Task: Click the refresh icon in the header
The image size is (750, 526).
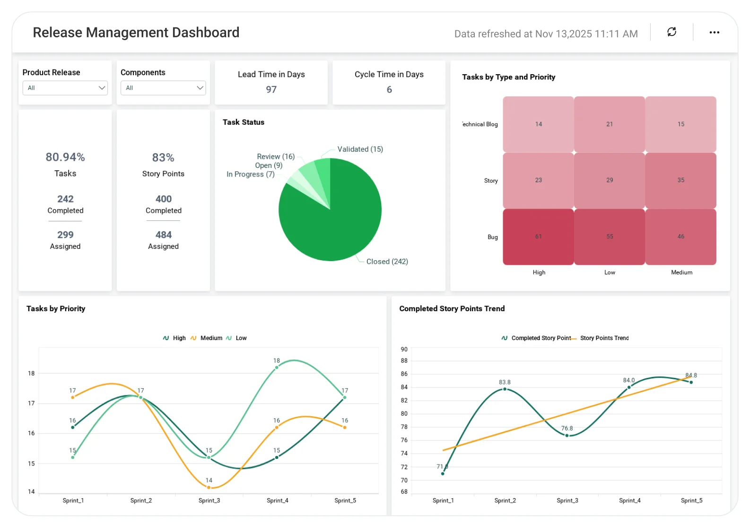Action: (672, 32)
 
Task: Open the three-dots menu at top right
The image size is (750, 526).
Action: (714, 32)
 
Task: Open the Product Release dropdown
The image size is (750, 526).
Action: (65, 88)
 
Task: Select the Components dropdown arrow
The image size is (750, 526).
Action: (200, 88)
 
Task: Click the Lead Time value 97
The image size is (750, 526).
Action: (271, 89)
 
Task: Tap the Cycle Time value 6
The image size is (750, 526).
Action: (389, 89)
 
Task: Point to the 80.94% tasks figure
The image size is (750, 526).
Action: (65, 157)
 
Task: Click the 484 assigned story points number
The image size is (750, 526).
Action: (163, 235)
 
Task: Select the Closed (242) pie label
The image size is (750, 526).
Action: (387, 262)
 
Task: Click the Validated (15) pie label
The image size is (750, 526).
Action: (360, 149)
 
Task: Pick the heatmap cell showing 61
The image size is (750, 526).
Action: (538, 237)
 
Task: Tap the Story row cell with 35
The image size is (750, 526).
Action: (680, 180)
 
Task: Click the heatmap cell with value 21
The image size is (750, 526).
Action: (610, 124)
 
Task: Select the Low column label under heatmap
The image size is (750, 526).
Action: (610, 272)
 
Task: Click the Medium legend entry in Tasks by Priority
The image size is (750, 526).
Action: (211, 338)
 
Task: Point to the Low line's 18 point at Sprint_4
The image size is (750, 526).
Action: (277, 367)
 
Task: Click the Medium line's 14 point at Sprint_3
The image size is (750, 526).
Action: (209, 487)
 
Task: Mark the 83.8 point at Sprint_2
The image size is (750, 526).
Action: (505, 389)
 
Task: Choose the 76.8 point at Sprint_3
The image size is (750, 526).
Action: (567, 435)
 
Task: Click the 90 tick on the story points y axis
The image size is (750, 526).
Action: (404, 350)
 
